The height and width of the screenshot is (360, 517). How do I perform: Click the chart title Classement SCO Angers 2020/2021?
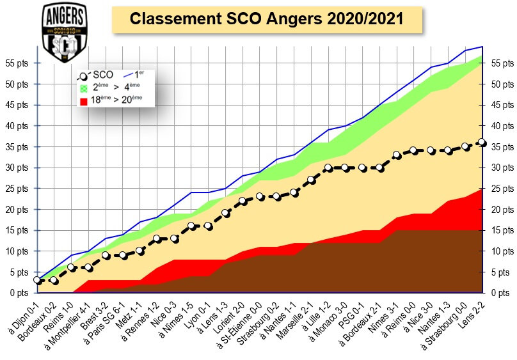[266, 19]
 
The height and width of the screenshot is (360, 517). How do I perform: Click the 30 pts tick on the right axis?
[501, 168]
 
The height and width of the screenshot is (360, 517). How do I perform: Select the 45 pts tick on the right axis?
[501, 105]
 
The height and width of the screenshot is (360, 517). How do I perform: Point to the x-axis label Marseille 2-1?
[292, 318]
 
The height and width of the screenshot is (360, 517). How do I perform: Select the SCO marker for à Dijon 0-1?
[38, 280]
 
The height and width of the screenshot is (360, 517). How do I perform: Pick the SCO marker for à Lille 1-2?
[328, 168]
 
